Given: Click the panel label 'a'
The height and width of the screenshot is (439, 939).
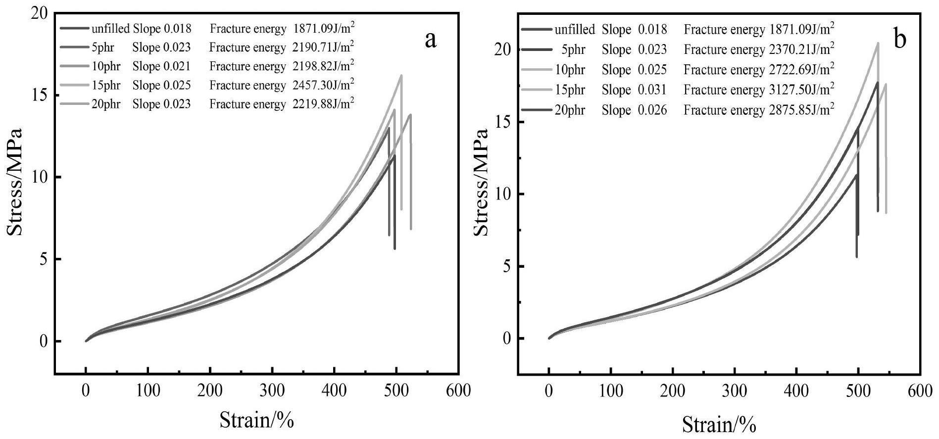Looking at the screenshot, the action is pos(431,40).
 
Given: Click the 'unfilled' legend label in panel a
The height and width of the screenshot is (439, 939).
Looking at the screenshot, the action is pos(110,29).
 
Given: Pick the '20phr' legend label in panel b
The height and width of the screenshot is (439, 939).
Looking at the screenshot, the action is pos(569,110).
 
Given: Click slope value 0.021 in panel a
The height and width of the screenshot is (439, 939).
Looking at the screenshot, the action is pos(177,66).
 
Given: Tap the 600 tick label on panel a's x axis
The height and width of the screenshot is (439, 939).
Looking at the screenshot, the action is pos(458,390).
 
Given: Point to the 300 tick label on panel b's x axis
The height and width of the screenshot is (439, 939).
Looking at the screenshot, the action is pos(735,391).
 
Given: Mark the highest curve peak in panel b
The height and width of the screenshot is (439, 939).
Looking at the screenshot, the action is pos(878,43).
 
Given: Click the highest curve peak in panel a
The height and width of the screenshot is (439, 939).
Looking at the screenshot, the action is pos(401,75).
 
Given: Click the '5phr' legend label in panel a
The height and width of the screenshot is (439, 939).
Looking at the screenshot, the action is pos(102,48).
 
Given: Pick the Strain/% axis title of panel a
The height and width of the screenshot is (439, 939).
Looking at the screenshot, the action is pos(257,420).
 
